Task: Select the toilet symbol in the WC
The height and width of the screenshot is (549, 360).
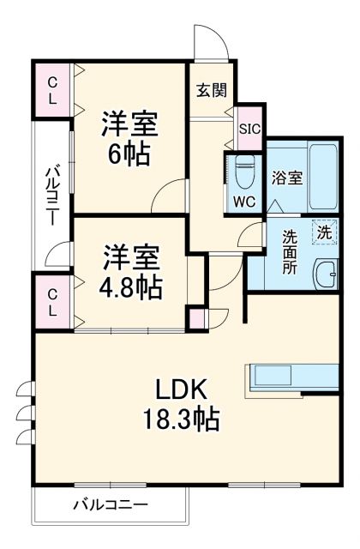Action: point(243,172)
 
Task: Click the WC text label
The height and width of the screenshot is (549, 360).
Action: point(244,204)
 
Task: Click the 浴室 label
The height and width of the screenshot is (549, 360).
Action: point(286,178)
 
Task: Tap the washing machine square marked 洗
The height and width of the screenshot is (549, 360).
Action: point(324,232)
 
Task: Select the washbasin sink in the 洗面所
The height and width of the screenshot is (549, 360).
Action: point(326,277)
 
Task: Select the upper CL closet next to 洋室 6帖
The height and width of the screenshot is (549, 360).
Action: point(52,89)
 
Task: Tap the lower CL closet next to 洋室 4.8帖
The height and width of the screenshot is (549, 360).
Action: point(52,301)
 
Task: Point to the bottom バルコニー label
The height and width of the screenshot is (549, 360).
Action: point(110,504)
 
